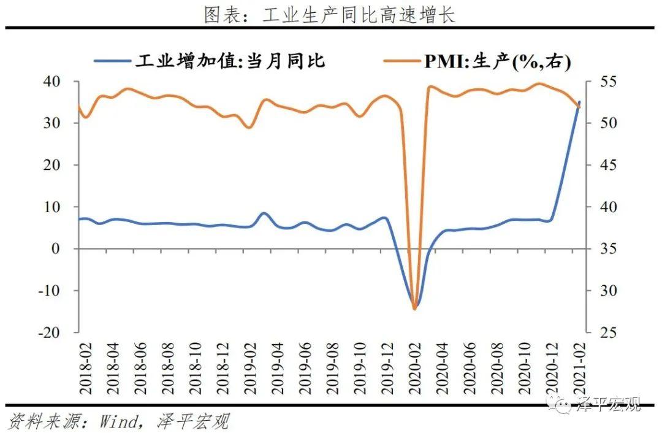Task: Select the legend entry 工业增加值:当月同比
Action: tap(230, 61)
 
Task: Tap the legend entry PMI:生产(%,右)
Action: tap(496, 61)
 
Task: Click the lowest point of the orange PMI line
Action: tap(414, 308)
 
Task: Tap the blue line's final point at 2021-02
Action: tap(580, 102)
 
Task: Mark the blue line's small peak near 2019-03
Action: tap(264, 213)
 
